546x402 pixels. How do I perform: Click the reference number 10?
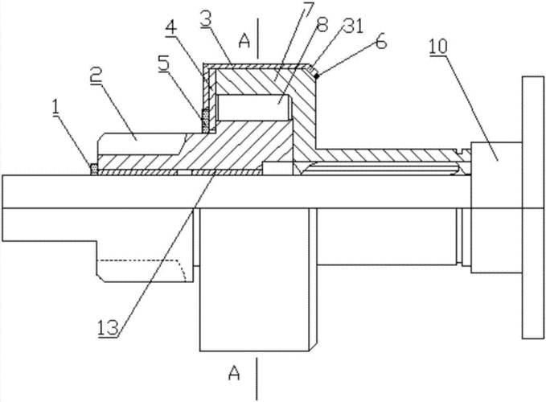click(438, 47)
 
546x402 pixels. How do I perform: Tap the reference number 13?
click(109, 327)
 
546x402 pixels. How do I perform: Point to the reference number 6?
click(380, 42)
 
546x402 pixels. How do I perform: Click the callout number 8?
click(322, 24)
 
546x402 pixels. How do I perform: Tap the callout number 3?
click(206, 20)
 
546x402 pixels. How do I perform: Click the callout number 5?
click(163, 64)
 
